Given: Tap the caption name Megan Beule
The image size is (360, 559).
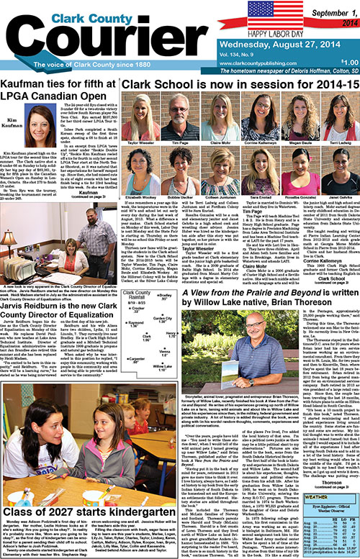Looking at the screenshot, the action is (279, 123).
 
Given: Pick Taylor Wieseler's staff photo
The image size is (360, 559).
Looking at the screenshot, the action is (139, 105).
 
